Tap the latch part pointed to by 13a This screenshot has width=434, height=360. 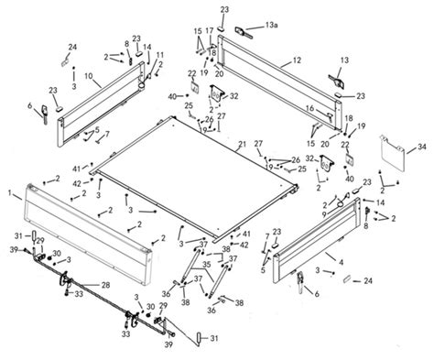pyautogui.click(x=244, y=29)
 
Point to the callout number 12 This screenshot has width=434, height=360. pyautogui.click(x=298, y=60)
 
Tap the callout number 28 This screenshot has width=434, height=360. pyautogui.click(x=106, y=286)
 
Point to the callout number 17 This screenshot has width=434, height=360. pyautogui.click(x=209, y=30)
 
